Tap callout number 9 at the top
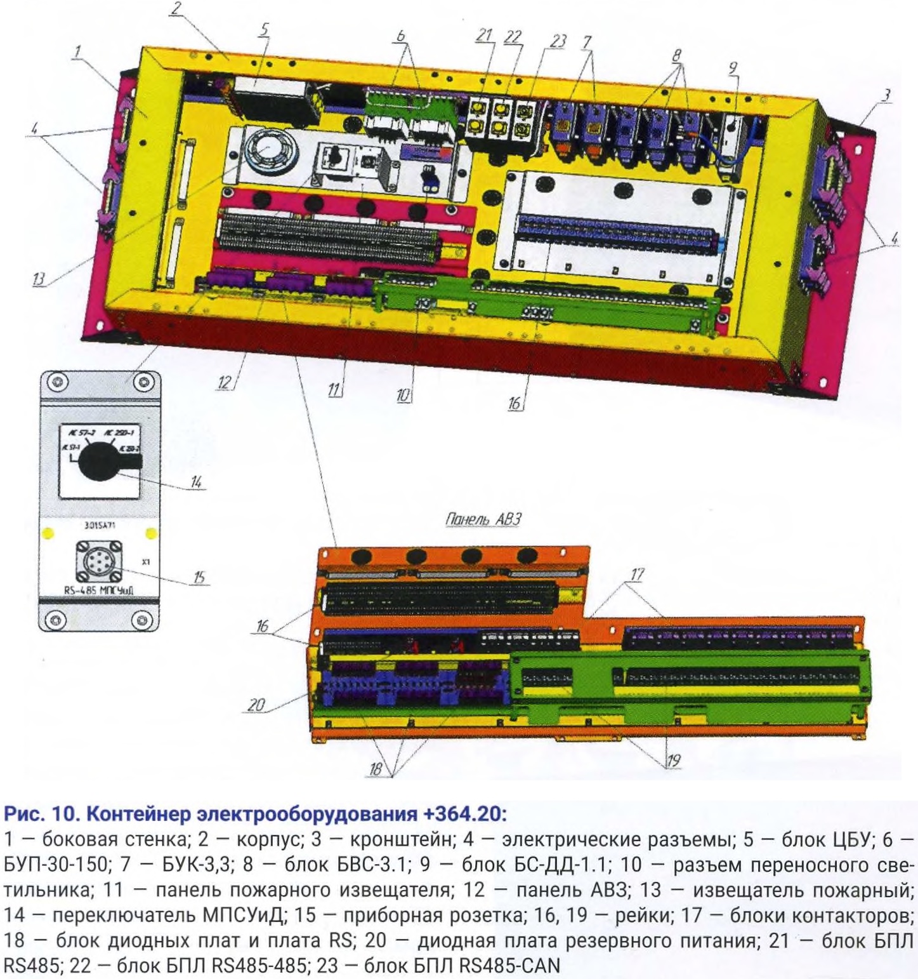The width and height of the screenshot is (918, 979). (x=734, y=68)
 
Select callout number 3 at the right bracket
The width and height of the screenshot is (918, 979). (x=886, y=95)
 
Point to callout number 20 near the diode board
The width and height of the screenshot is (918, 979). (x=256, y=705)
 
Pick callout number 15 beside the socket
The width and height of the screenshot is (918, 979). (x=199, y=577)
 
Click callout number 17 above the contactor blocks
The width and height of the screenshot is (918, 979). (x=636, y=574)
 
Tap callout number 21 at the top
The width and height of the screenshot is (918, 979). (x=485, y=36)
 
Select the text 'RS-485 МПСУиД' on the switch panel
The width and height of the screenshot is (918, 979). (x=99, y=590)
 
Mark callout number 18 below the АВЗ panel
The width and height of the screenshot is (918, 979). (x=376, y=769)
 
